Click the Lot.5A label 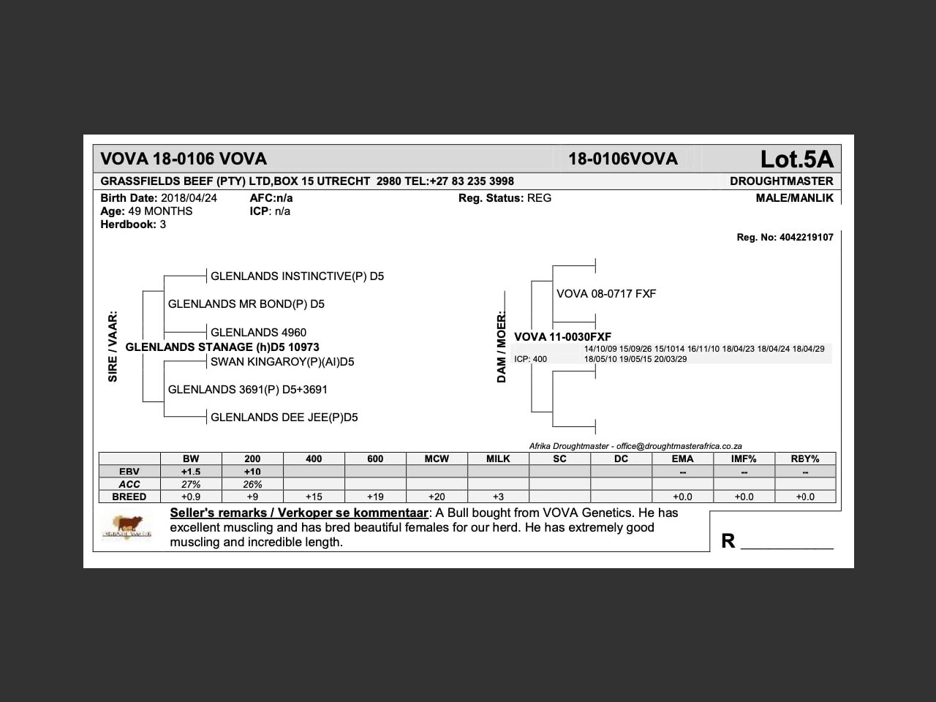(x=796, y=159)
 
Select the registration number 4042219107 (x=806, y=238)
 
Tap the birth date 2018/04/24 (x=189, y=198)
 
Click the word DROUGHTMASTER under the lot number (x=781, y=181)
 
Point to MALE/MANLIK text (x=794, y=198)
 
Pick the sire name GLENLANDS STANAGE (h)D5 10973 (x=222, y=347)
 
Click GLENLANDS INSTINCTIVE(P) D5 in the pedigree (x=297, y=276)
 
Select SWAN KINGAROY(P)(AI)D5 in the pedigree (x=282, y=362)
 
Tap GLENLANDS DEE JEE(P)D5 (x=284, y=418)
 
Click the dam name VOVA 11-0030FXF (x=562, y=337)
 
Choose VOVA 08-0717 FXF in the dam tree (x=606, y=294)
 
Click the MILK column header (x=498, y=459)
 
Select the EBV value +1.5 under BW (x=191, y=472)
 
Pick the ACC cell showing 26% (x=252, y=484)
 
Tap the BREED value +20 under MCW (x=437, y=497)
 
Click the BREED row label (x=129, y=497)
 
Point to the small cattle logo (x=127, y=526)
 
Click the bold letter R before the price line (x=728, y=540)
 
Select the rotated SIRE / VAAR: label (x=113, y=347)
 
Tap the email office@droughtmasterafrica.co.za (x=679, y=446)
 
